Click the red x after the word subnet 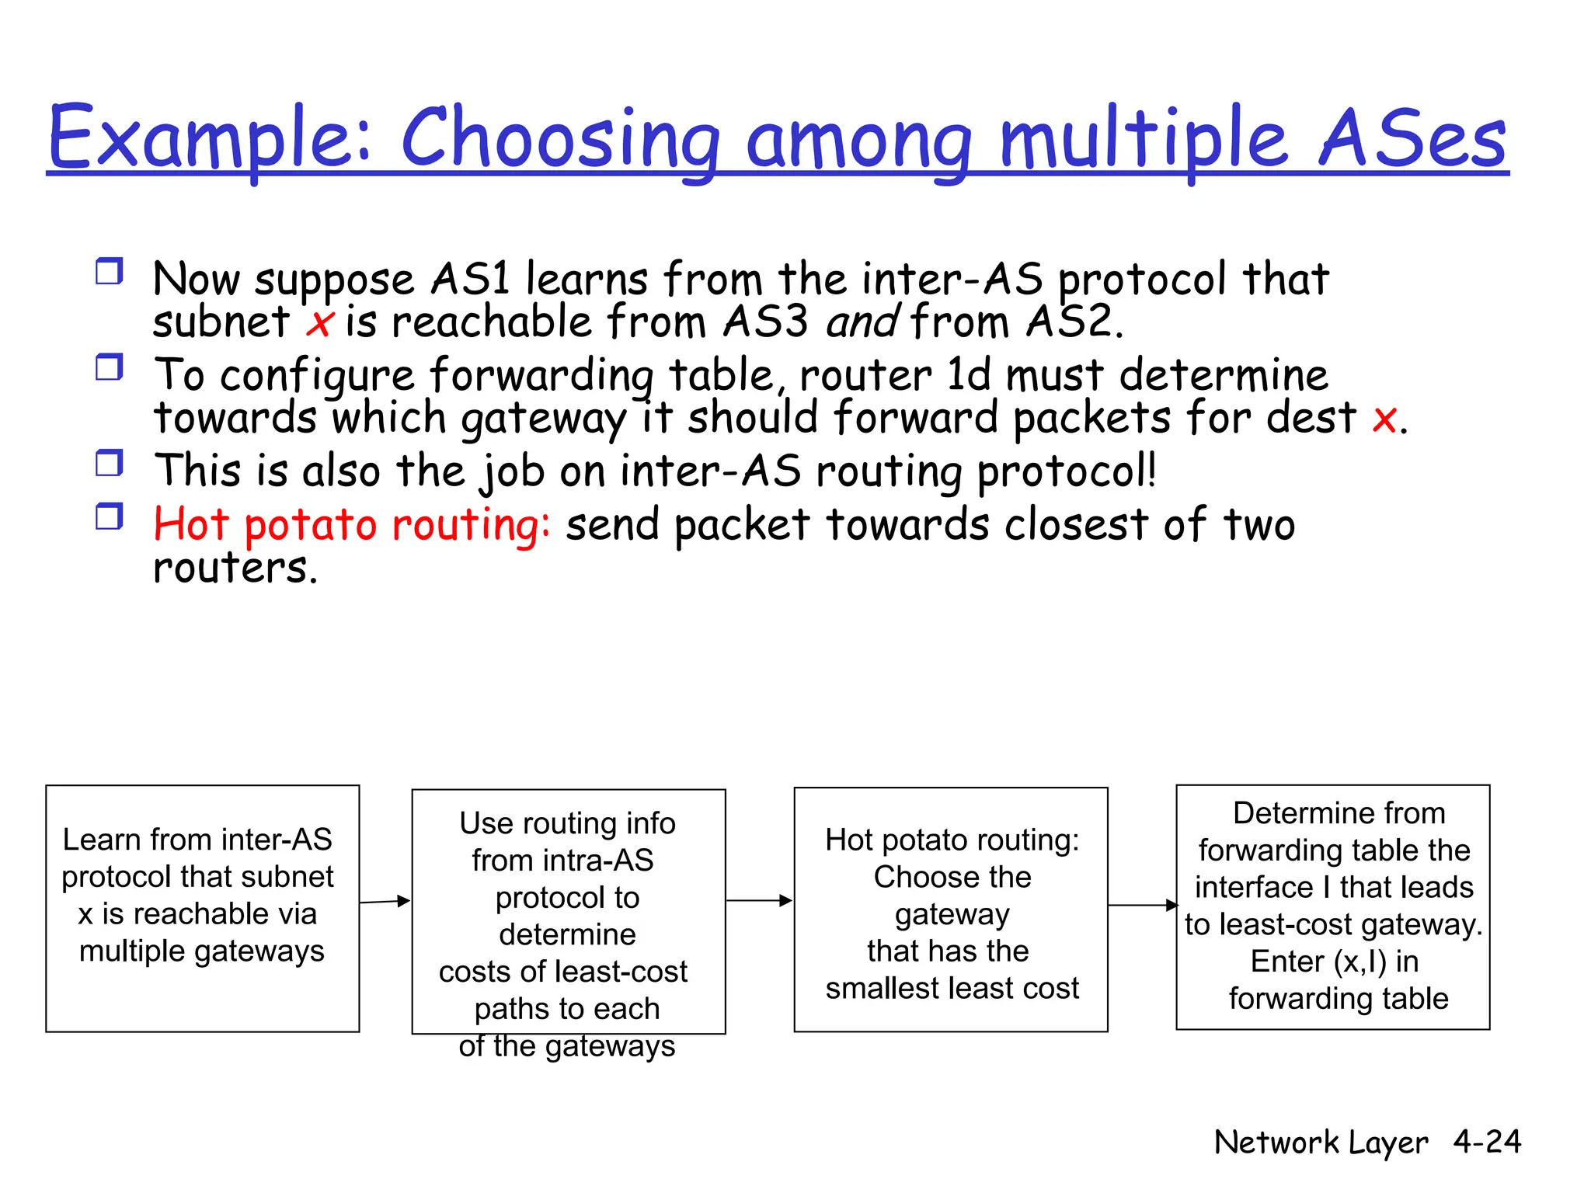pos(319,323)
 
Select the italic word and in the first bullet pos(862,322)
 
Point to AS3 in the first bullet pos(765,320)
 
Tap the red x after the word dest pos(1384,420)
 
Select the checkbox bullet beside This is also pos(110,464)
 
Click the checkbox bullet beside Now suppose pos(110,272)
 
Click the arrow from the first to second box pos(385,901)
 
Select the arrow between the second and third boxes pos(760,901)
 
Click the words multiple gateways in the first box pos(202,951)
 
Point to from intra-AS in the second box pos(562,861)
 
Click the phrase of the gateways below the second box pos(567,1045)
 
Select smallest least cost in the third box pos(952,988)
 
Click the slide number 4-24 pos(1487,1142)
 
